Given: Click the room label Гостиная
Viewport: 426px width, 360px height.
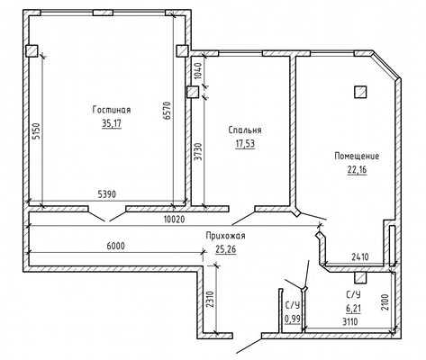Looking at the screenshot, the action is [112, 110].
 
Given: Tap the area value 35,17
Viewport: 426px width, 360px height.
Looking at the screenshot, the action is [112, 123].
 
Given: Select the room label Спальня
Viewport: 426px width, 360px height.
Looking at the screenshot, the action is [245, 130].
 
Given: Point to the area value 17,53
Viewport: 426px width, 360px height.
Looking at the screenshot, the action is [245, 144].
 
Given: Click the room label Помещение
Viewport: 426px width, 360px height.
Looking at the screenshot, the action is [357, 156].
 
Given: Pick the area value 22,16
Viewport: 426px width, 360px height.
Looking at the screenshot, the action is [357, 170].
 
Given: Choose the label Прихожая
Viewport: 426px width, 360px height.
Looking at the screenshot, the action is [225, 236].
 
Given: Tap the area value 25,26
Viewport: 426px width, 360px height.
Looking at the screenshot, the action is [225, 249].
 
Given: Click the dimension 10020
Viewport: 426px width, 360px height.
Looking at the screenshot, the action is [175, 220].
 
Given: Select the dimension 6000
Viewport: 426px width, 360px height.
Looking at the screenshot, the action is [115, 246].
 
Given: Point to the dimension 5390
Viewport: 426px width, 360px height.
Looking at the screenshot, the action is [107, 194].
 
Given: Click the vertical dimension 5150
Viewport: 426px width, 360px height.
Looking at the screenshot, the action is [36, 131].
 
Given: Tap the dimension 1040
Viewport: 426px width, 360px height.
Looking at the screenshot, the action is [198, 70].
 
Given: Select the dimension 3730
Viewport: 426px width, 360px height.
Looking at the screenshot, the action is [198, 152].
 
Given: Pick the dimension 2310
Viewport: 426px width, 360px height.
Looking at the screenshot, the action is [211, 299].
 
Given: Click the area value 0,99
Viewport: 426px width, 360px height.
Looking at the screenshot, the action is [293, 319].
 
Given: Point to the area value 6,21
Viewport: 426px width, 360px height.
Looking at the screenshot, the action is [353, 308].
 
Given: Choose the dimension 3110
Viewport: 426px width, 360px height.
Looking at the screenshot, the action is [350, 322].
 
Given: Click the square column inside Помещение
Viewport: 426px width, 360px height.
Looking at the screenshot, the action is [360, 92].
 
